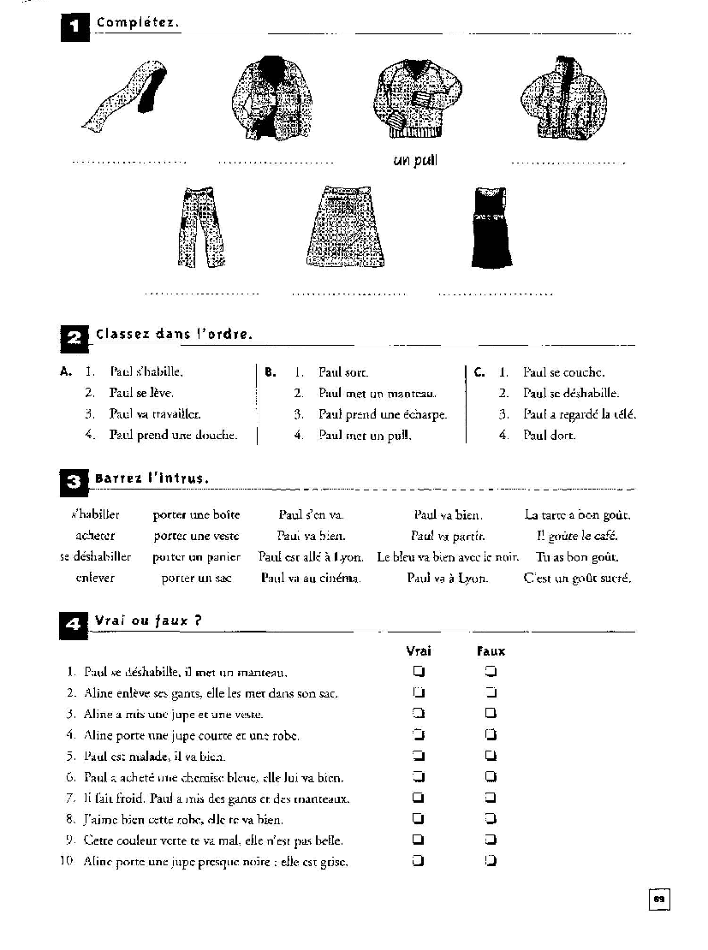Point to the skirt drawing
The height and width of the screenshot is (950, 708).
coord(345,227)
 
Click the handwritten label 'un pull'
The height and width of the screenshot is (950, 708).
coord(415,160)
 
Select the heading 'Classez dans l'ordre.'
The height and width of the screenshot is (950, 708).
coord(175,334)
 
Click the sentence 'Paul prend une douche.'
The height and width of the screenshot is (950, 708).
coord(173,435)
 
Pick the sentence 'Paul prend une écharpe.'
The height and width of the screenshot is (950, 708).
coord(383,414)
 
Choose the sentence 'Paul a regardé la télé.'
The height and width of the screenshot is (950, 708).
coord(580,414)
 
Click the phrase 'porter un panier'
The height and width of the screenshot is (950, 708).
coord(196,556)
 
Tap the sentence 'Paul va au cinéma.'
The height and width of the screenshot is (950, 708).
coord(311,578)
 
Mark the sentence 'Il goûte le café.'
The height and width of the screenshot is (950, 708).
coord(577,536)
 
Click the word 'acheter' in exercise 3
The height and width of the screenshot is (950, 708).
coord(95,536)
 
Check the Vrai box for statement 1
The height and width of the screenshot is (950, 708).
coord(419,671)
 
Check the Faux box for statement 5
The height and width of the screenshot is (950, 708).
coord(491,756)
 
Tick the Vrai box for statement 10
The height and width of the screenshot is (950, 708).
coord(419,861)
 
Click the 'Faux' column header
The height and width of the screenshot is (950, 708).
coord(491,650)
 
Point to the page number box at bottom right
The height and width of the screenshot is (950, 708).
coord(658,900)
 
